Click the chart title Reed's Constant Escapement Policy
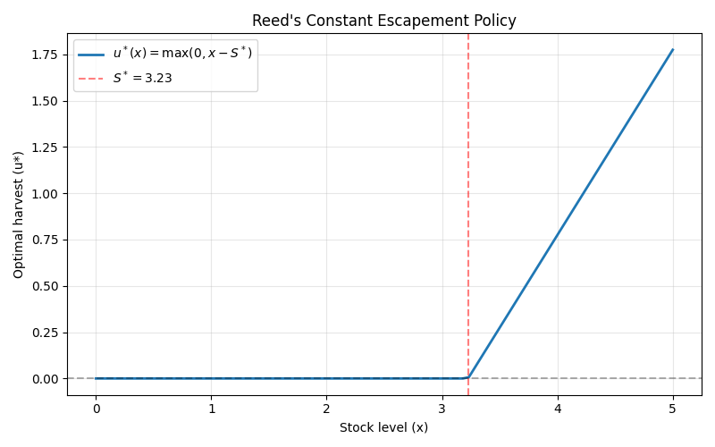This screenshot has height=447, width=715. click(x=384, y=21)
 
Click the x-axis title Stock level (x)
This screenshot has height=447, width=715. click(x=383, y=427)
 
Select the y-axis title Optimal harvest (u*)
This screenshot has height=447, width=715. click(x=19, y=215)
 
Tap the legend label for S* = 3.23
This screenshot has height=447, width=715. click(x=142, y=78)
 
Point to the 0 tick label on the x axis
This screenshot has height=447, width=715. click(x=96, y=409)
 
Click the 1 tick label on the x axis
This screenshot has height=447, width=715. click(x=211, y=409)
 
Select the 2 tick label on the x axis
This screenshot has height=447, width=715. click(x=326, y=409)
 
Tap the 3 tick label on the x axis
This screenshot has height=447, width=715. click(x=442, y=409)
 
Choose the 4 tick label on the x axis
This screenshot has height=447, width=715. click(x=558, y=409)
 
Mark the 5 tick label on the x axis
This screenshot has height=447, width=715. click(x=673, y=409)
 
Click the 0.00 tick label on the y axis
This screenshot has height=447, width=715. click(x=45, y=379)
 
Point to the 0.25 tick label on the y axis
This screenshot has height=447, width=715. click(x=45, y=333)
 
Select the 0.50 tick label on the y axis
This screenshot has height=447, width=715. click(x=45, y=286)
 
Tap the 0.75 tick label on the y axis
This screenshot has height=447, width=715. click(x=45, y=240)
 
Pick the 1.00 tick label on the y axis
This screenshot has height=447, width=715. click(x=45, y=194)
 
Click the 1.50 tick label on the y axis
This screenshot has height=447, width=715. click(x=45, y=101)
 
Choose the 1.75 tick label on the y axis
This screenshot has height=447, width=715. click(x=45, y=55)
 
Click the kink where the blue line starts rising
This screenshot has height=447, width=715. click(x=467, y=377)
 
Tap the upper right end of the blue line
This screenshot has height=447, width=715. click(x=673, y=50)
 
